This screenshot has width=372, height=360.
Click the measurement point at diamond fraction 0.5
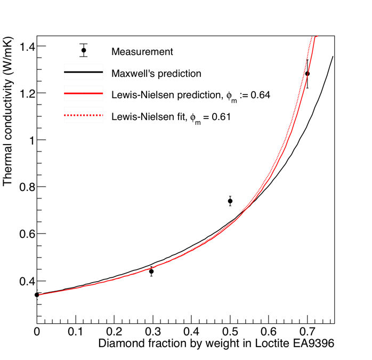pos(230,201)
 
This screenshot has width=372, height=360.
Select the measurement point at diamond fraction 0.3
pos(152,271)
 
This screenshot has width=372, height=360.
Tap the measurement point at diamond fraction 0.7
pos(308,74)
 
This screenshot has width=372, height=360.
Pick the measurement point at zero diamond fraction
pos(37,294)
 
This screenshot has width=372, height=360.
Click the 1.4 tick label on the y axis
pos(25,46)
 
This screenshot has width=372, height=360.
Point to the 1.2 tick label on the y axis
pos(25,93)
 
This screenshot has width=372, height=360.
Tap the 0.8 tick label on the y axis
pos(25,187)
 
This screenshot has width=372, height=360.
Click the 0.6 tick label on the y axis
pos(25,234)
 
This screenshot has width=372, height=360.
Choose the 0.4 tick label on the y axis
pos(25,281)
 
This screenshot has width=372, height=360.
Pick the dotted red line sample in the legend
pos(83,115)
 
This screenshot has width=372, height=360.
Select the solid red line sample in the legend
pos(83,94)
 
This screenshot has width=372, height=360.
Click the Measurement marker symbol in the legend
pos(83,51)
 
